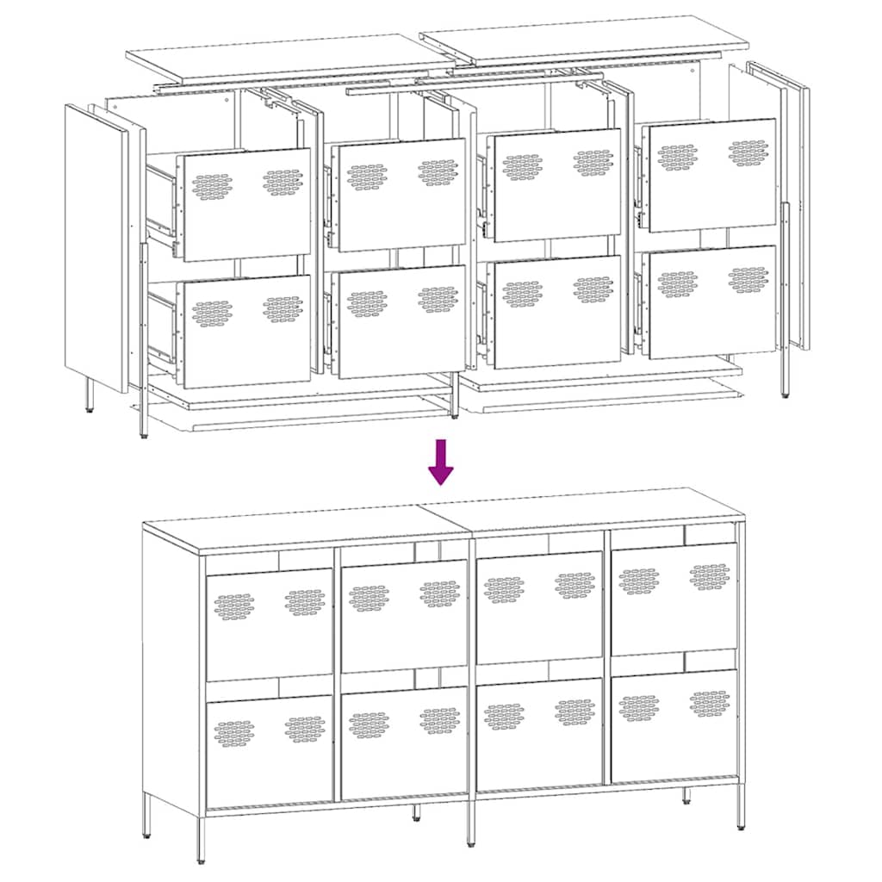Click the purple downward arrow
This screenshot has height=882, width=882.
[441, 462]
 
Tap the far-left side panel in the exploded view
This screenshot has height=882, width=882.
[95, 245]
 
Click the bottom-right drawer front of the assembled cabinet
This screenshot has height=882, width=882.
[674, 725]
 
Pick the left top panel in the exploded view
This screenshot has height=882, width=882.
[289, 55]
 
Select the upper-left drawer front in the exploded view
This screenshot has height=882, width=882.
[246, 205]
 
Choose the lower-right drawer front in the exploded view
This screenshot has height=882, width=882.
[712, 301]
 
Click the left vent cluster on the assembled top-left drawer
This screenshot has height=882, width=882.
[233, 606]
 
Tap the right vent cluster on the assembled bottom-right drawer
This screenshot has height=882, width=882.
[710, 702]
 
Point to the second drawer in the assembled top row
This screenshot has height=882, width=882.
[404, 615]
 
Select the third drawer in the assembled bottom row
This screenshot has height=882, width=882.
[539, 732]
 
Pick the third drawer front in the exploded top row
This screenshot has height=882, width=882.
[556, 185]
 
